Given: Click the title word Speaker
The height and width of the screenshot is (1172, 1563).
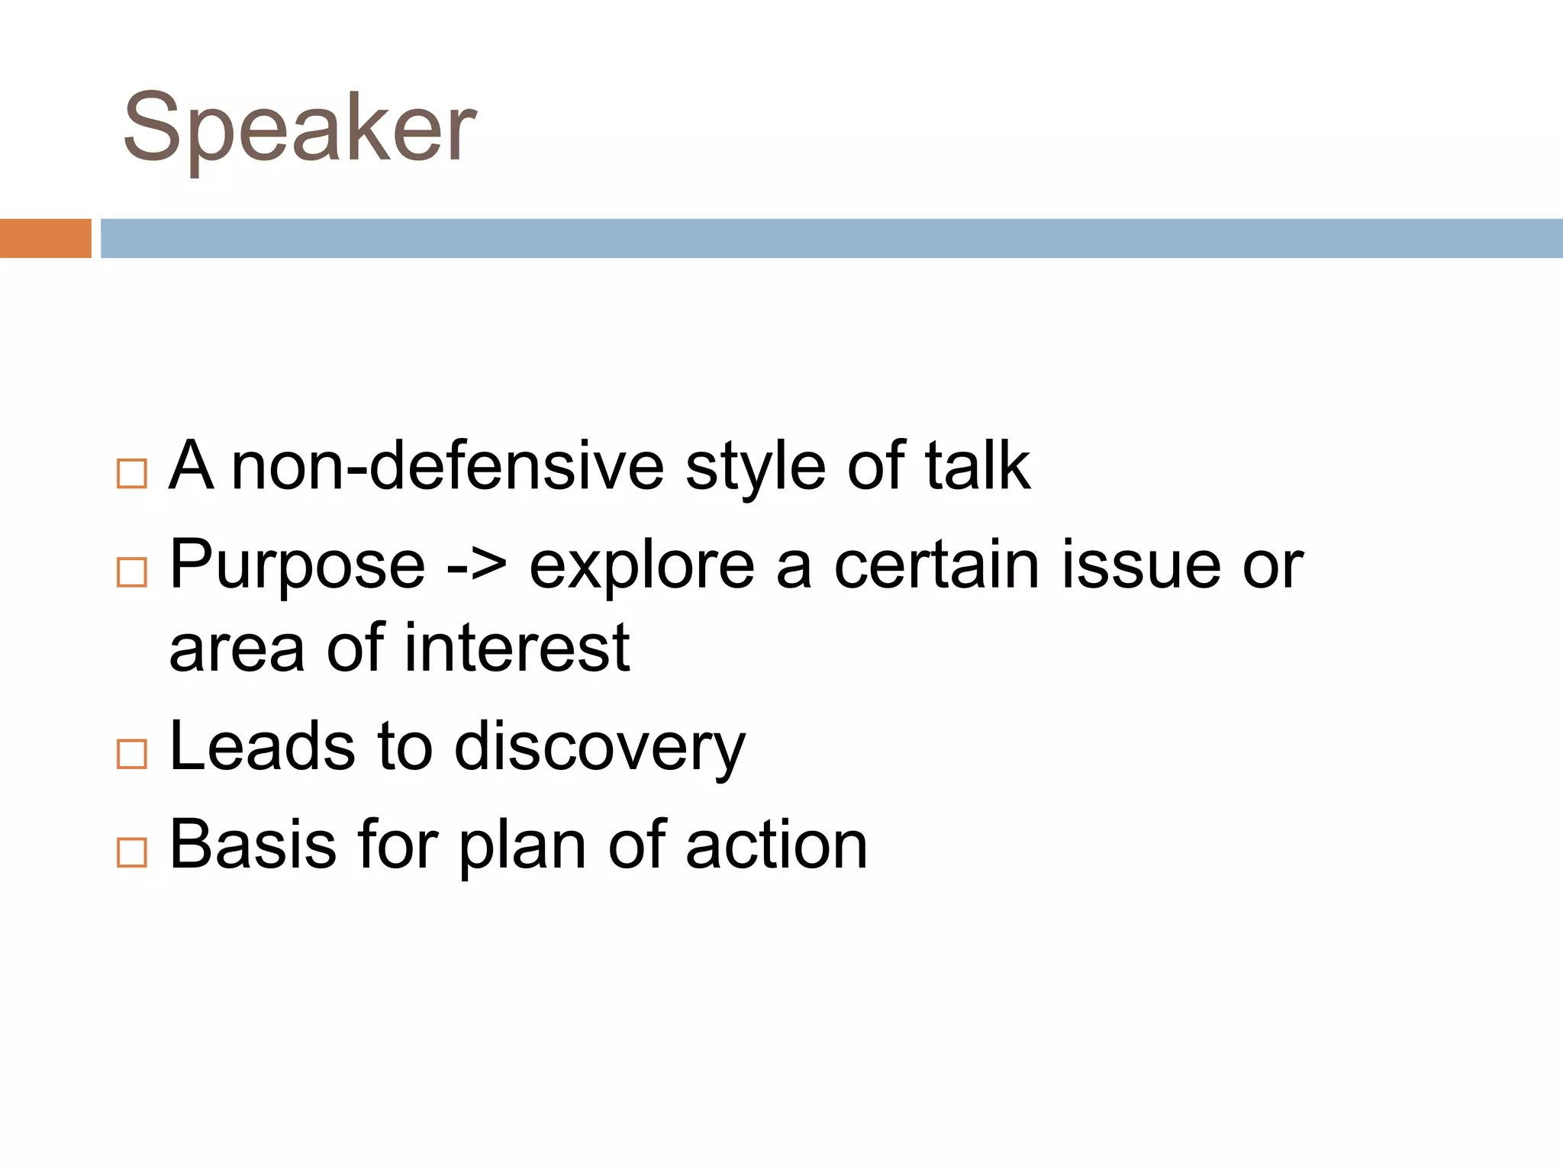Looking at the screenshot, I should tap(299, 128).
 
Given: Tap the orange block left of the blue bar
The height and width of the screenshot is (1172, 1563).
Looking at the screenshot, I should tap(45, 238).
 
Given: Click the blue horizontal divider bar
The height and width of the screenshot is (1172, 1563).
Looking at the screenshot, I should tap(831, 238).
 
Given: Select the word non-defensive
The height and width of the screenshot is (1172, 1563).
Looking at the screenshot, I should tap(447, 466).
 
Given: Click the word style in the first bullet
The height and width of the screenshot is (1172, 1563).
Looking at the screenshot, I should tap(755, 468).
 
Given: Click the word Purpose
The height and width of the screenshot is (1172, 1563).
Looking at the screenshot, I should tap(297, 567).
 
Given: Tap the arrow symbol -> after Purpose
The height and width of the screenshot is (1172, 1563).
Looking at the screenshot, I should tap(477, 567).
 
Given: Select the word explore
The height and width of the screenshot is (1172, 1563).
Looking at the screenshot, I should tap(642, 567).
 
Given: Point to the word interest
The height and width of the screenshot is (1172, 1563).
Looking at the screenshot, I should tap(517, 648).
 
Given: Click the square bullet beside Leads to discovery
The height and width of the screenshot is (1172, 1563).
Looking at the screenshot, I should tap(132, 754).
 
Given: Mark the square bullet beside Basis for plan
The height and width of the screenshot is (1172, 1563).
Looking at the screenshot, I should tap(132, 852).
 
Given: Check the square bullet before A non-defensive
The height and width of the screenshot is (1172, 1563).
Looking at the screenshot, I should tap(132, 474).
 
